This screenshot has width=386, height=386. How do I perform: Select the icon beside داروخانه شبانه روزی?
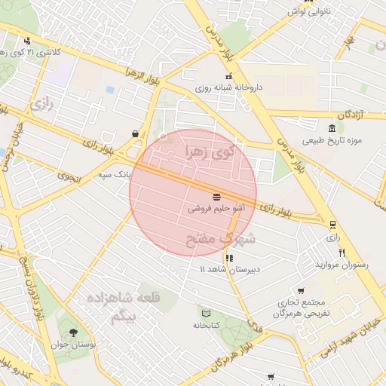click(229, 76)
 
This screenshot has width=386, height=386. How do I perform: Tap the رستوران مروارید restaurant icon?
click(342, 253)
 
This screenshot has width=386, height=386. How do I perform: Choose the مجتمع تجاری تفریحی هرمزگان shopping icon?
click(301, 291)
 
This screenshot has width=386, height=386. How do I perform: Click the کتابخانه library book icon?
click(206, 313)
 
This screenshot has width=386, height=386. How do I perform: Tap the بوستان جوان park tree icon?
click(73, 332)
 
